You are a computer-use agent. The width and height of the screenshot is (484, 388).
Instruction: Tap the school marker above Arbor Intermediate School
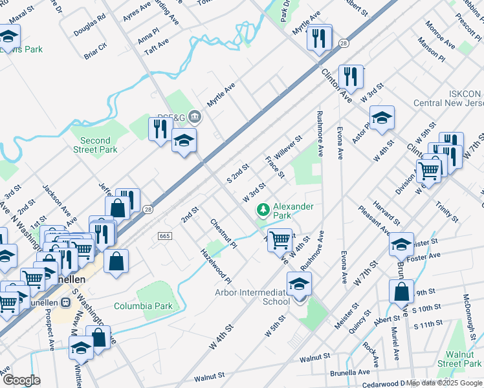pyautogui.click(x=299, y=285)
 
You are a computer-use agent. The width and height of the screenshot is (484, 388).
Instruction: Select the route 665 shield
pyautogui.click(x=164, y=236)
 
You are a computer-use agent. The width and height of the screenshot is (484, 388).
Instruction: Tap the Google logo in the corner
pyautogui.click(x=21, y=380)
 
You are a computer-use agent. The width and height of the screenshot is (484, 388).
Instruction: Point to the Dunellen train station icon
pyautogui.click(x=65, y=303)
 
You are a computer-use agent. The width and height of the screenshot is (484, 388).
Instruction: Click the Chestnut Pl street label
pyautogui.click(x=223, y=233)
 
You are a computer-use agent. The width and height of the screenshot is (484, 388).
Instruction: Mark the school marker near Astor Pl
pyautogui.click(x=382, y=118)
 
